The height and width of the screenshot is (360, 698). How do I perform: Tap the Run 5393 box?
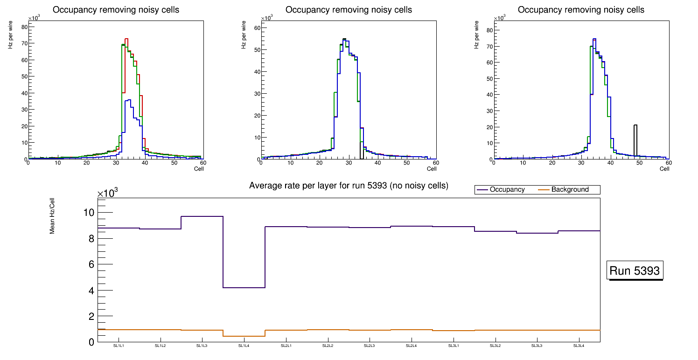pos(635,270)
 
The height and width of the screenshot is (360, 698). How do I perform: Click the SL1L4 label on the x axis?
pos(244,346)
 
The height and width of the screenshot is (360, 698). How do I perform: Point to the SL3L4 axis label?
pos(579,346)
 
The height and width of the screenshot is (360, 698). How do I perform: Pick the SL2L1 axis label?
pos(286,346)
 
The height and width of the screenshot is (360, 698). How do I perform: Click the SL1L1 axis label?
pos(119,346)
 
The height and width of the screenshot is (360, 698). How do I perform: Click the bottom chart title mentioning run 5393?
pos(349,186)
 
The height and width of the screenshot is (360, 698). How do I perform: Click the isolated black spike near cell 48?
pos(635,140)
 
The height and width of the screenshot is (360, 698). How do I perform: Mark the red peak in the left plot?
pos(126,39)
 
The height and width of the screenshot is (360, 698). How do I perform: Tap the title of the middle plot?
pos(349,9)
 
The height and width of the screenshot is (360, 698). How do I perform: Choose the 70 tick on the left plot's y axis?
pos(23,43)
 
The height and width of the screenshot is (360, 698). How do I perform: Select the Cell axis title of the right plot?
pos(664,168)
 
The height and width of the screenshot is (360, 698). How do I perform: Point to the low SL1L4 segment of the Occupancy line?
pos(244,287)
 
